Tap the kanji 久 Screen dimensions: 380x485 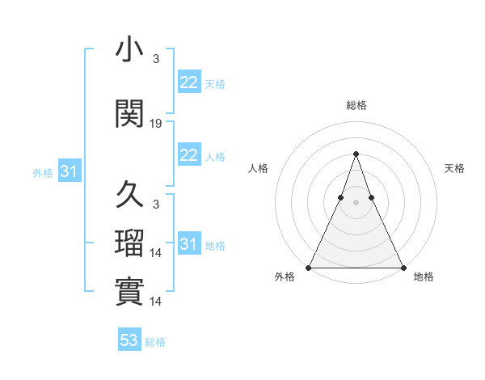point(129,196)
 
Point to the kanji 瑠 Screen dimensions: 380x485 point(129,243)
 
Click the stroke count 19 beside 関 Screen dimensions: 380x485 point(156,124)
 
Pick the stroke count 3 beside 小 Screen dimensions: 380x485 point(155,58)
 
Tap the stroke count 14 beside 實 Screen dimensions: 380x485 point(156,301)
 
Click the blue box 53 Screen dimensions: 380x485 point(129,340)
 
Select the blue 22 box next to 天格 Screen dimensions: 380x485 point(188,82)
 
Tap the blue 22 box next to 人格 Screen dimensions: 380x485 point(188,155)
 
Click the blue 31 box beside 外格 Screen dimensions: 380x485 point(69,171)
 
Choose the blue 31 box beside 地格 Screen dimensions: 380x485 point(188,244)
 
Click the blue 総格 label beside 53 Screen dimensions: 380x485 point(156,342)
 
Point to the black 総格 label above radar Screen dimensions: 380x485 point(356,105)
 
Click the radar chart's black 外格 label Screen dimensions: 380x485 point(285,277)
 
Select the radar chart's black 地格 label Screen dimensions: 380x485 point(424,277)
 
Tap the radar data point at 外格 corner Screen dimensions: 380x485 point(309,267)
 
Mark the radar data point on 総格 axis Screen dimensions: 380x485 point(356,153)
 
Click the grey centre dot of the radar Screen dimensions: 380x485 point(356,201)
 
